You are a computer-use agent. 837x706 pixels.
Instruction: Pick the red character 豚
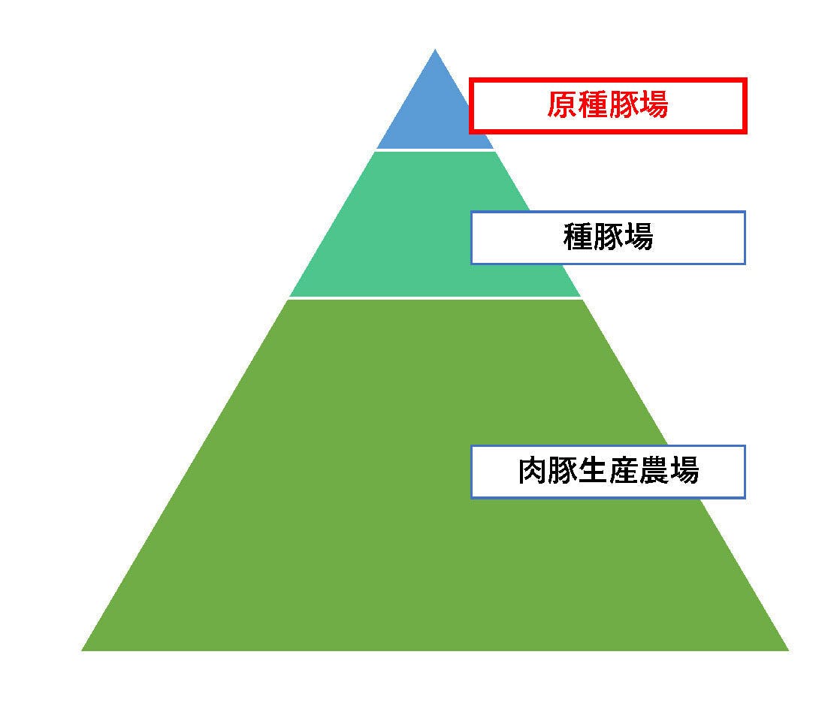pos(623,104)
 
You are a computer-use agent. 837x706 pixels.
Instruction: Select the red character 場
pos(653,104)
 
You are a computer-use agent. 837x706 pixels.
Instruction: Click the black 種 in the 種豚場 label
pos(578,237)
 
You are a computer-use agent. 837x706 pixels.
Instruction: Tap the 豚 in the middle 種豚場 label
pos(608,237)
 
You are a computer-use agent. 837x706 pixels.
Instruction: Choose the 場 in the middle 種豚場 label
pos(639,237)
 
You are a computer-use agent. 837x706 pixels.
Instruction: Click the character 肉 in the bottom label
pos(533,471)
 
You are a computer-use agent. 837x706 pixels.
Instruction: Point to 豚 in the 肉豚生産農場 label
pos(563,471)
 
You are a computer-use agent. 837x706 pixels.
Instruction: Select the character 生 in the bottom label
pos(593,471)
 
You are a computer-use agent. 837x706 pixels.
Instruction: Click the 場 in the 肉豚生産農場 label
pos(684,471)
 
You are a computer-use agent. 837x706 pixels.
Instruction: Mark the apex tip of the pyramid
pos(435,49)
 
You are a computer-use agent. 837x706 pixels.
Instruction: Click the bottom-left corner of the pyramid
pos(82,650)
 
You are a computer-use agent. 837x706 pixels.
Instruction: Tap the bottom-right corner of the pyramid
pos(788,650)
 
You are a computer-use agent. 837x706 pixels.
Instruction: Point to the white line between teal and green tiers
pos(435,298)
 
